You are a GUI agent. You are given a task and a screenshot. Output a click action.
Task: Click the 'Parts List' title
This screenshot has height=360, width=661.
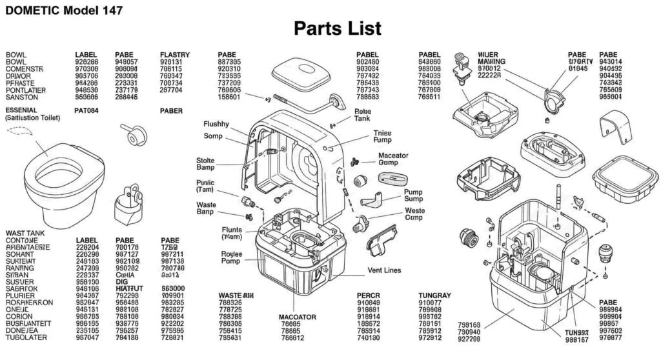point(337,28)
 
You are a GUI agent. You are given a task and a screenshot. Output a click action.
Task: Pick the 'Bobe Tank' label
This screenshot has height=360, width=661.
point(363,115)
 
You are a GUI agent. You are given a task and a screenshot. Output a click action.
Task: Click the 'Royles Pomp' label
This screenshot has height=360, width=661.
point(231,257)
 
